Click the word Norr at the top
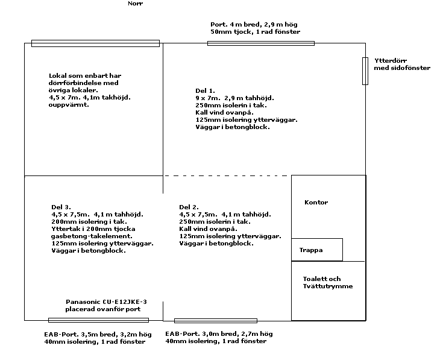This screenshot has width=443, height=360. [x=136, y=4]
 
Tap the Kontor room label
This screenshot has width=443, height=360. [x=316, y=203]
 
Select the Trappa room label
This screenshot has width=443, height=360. [x=311, y=250]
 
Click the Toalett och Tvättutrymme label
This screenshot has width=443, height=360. [x=328, y=283]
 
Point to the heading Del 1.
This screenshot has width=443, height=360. [x=205, y=90]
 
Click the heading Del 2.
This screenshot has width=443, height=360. [x=189, y=207]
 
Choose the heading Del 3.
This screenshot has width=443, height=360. [x=61, y=207]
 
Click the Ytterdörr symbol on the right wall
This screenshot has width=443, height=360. [x=365, y=71]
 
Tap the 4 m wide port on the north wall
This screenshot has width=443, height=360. [x=261, y=43]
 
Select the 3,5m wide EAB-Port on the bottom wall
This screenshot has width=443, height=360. [x=98, y=320]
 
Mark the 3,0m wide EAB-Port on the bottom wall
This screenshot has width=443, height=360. [x=216, y=321]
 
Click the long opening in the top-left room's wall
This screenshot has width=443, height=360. [x=95, y=43]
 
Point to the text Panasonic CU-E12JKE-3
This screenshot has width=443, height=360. [x=106, y=302]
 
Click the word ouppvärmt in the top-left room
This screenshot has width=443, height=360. [x=69, y=105]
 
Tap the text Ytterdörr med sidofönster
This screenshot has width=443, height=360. [x=402, y=64]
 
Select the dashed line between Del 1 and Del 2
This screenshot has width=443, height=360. [x=226, y=175]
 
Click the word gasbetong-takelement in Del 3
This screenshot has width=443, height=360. [x=92, y=236]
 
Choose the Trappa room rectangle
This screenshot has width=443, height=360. [x=317, y=239]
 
